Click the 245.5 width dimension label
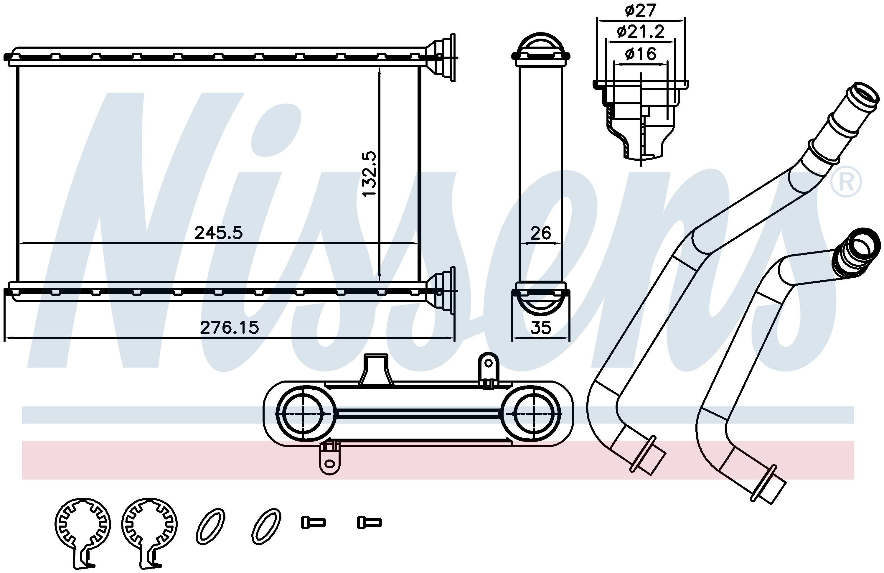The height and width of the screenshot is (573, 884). pyautogui.click(x=218, y=233)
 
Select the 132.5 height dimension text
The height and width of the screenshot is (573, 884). pyautogui.click(x=370, y=174)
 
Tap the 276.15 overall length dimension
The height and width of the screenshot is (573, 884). pyautogui.click(x=229, y=328)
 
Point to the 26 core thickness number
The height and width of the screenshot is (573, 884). pyautogui.click(x=541, y=233)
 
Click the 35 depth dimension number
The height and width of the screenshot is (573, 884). pyautogui.click(x=540, y=328)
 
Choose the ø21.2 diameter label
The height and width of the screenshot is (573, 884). pyautogui.click(x=641, y=32)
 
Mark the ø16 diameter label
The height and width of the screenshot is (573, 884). pyautogui.click(x=641, y=54)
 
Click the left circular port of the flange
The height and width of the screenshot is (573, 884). pyautogui.click(x=304, y=413)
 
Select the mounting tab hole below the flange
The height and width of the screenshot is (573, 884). pyautogui.click(x=329, y=463)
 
